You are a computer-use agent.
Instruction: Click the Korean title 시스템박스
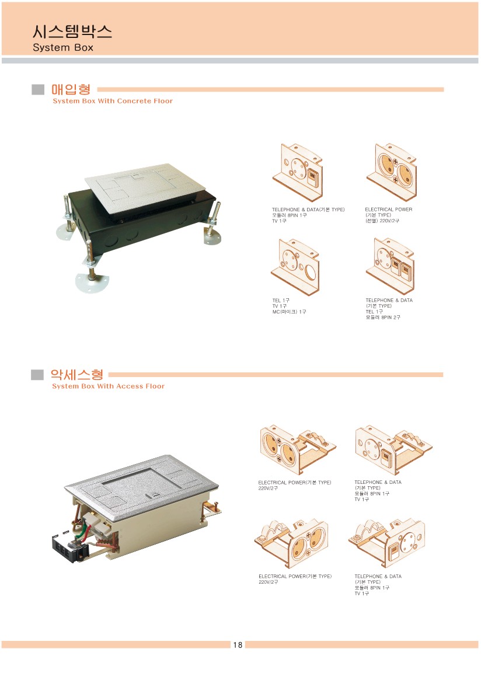point(72,32)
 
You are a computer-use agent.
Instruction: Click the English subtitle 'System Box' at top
point(63,48)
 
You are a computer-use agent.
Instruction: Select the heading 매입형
point(71,89)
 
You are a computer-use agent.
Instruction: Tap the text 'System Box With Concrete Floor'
point(113,101)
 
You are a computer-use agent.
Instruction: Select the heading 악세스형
point(77,374)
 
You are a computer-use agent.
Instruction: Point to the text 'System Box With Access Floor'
point(108,386)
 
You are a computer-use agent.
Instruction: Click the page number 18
point(238,644)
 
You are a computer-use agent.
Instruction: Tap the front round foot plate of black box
point(92,282)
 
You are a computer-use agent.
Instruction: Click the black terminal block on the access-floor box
point(69,548)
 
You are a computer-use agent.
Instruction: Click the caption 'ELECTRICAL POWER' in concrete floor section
point(388,210)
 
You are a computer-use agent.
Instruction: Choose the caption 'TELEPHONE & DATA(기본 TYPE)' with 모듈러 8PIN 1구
point(308,210)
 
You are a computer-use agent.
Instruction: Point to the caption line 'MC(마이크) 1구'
point(289,312)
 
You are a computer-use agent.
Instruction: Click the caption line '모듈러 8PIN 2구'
point(383,317)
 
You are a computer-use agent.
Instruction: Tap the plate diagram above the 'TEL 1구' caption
point(296,266)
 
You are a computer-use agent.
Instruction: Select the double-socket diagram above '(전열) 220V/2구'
point(391,172)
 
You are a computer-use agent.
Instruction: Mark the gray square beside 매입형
point(38,89)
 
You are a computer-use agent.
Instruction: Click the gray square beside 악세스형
point(37,375)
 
